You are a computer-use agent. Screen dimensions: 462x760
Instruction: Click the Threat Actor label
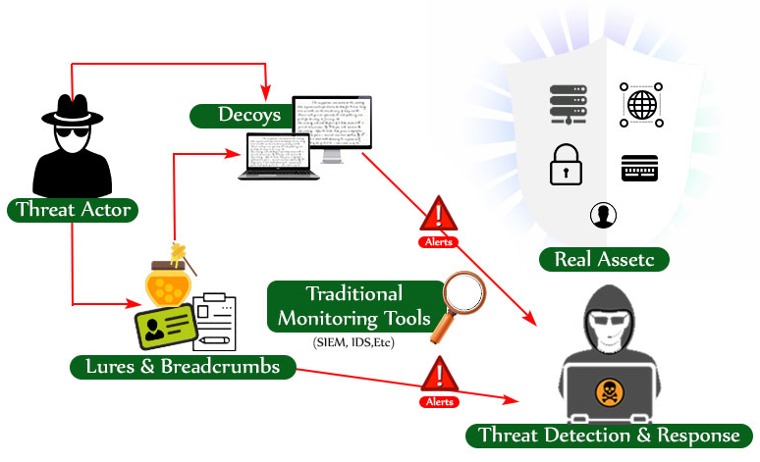[x=73, y=209]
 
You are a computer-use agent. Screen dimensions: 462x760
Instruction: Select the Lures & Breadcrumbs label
[x=183, y=367]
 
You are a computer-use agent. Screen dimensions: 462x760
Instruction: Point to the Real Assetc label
[x=604, y=259]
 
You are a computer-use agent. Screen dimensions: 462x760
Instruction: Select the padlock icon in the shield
[x=566, y=165]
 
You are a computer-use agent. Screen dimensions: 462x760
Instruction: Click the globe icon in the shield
[x=641, y=104]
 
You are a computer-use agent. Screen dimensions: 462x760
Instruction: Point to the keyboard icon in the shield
[x=639, y=168]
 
